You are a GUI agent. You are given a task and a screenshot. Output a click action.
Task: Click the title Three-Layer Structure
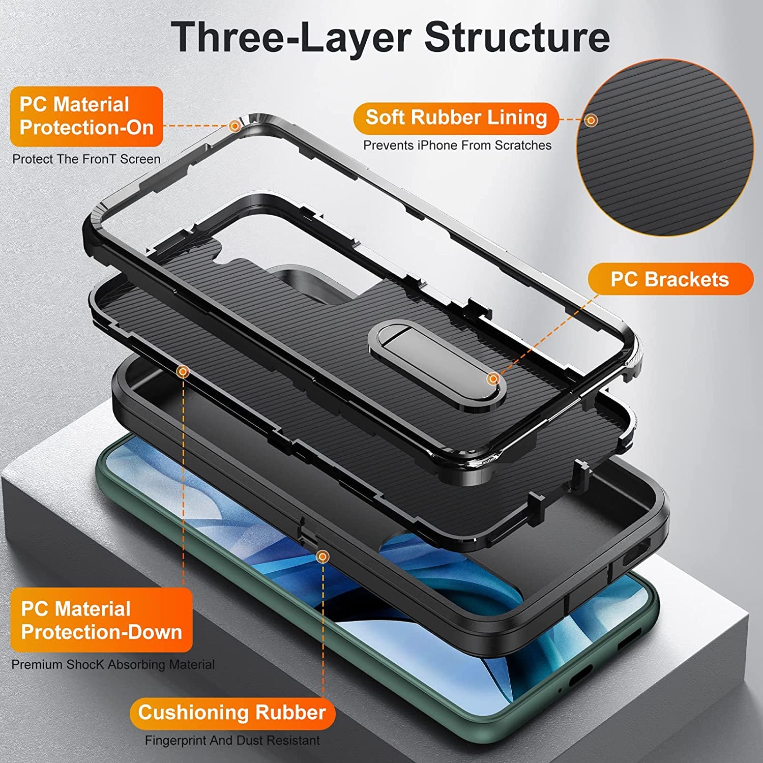[390, 37]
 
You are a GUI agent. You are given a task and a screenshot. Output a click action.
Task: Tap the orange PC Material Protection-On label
[86, 116]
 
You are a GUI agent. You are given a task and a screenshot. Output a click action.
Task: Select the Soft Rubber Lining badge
[456, 118]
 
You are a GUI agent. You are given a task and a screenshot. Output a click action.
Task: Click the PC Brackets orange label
[670, 279]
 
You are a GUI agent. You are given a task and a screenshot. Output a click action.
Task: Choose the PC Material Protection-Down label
[101, 620]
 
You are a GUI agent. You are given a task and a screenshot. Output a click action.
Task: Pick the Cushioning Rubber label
[232, 713]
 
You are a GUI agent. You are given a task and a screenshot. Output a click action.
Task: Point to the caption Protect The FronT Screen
[86, 159]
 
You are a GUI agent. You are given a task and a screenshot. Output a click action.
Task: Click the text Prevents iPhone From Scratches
[457, 145]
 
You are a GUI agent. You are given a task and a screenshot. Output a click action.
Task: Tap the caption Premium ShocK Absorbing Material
[113, 665]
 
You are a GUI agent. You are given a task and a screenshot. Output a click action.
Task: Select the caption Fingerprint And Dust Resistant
[232, 741]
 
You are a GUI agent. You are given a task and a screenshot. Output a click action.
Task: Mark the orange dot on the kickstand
[492, 379]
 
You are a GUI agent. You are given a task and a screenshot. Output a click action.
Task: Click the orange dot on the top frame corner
[234, 126]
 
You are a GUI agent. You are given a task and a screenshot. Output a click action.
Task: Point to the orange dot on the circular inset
[591, 121]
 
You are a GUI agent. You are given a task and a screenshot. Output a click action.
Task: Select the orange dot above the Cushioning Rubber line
[322, 557]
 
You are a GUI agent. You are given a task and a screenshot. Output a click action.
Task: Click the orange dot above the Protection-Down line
[183, 372]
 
